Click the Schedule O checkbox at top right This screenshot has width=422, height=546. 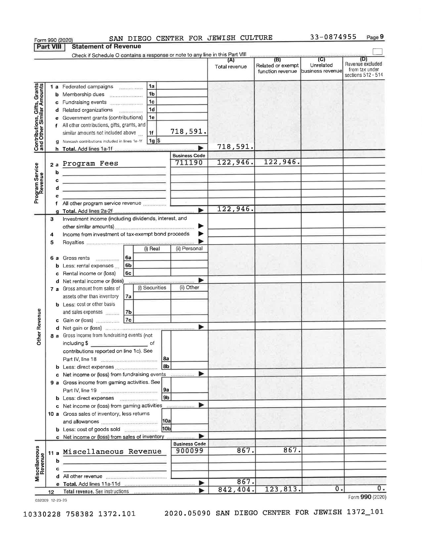pyautogui.click(x=378, y=51)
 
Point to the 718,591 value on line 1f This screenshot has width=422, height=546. pyautogui.click(x=188, y=132)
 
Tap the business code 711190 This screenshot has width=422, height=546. pyautogui.click(x=189, y=163)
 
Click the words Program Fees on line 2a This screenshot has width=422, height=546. pyautogui.click(x=90, y=164)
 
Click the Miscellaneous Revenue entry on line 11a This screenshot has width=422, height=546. pyautogui.click(x=112, y=452)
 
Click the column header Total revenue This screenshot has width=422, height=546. pyautogui.click(x=231, y=67)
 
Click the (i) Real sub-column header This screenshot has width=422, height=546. pyautogui.click(x=152, y=249)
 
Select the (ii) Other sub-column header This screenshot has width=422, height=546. pyautogui.click(x=189, y=288)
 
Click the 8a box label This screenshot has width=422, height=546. pyautogui.click(x=166, y=359)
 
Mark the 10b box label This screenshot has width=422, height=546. pyautogui.click(x=166, y=429)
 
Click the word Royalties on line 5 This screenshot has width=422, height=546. pyautogui.click(x=73, y=242)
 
